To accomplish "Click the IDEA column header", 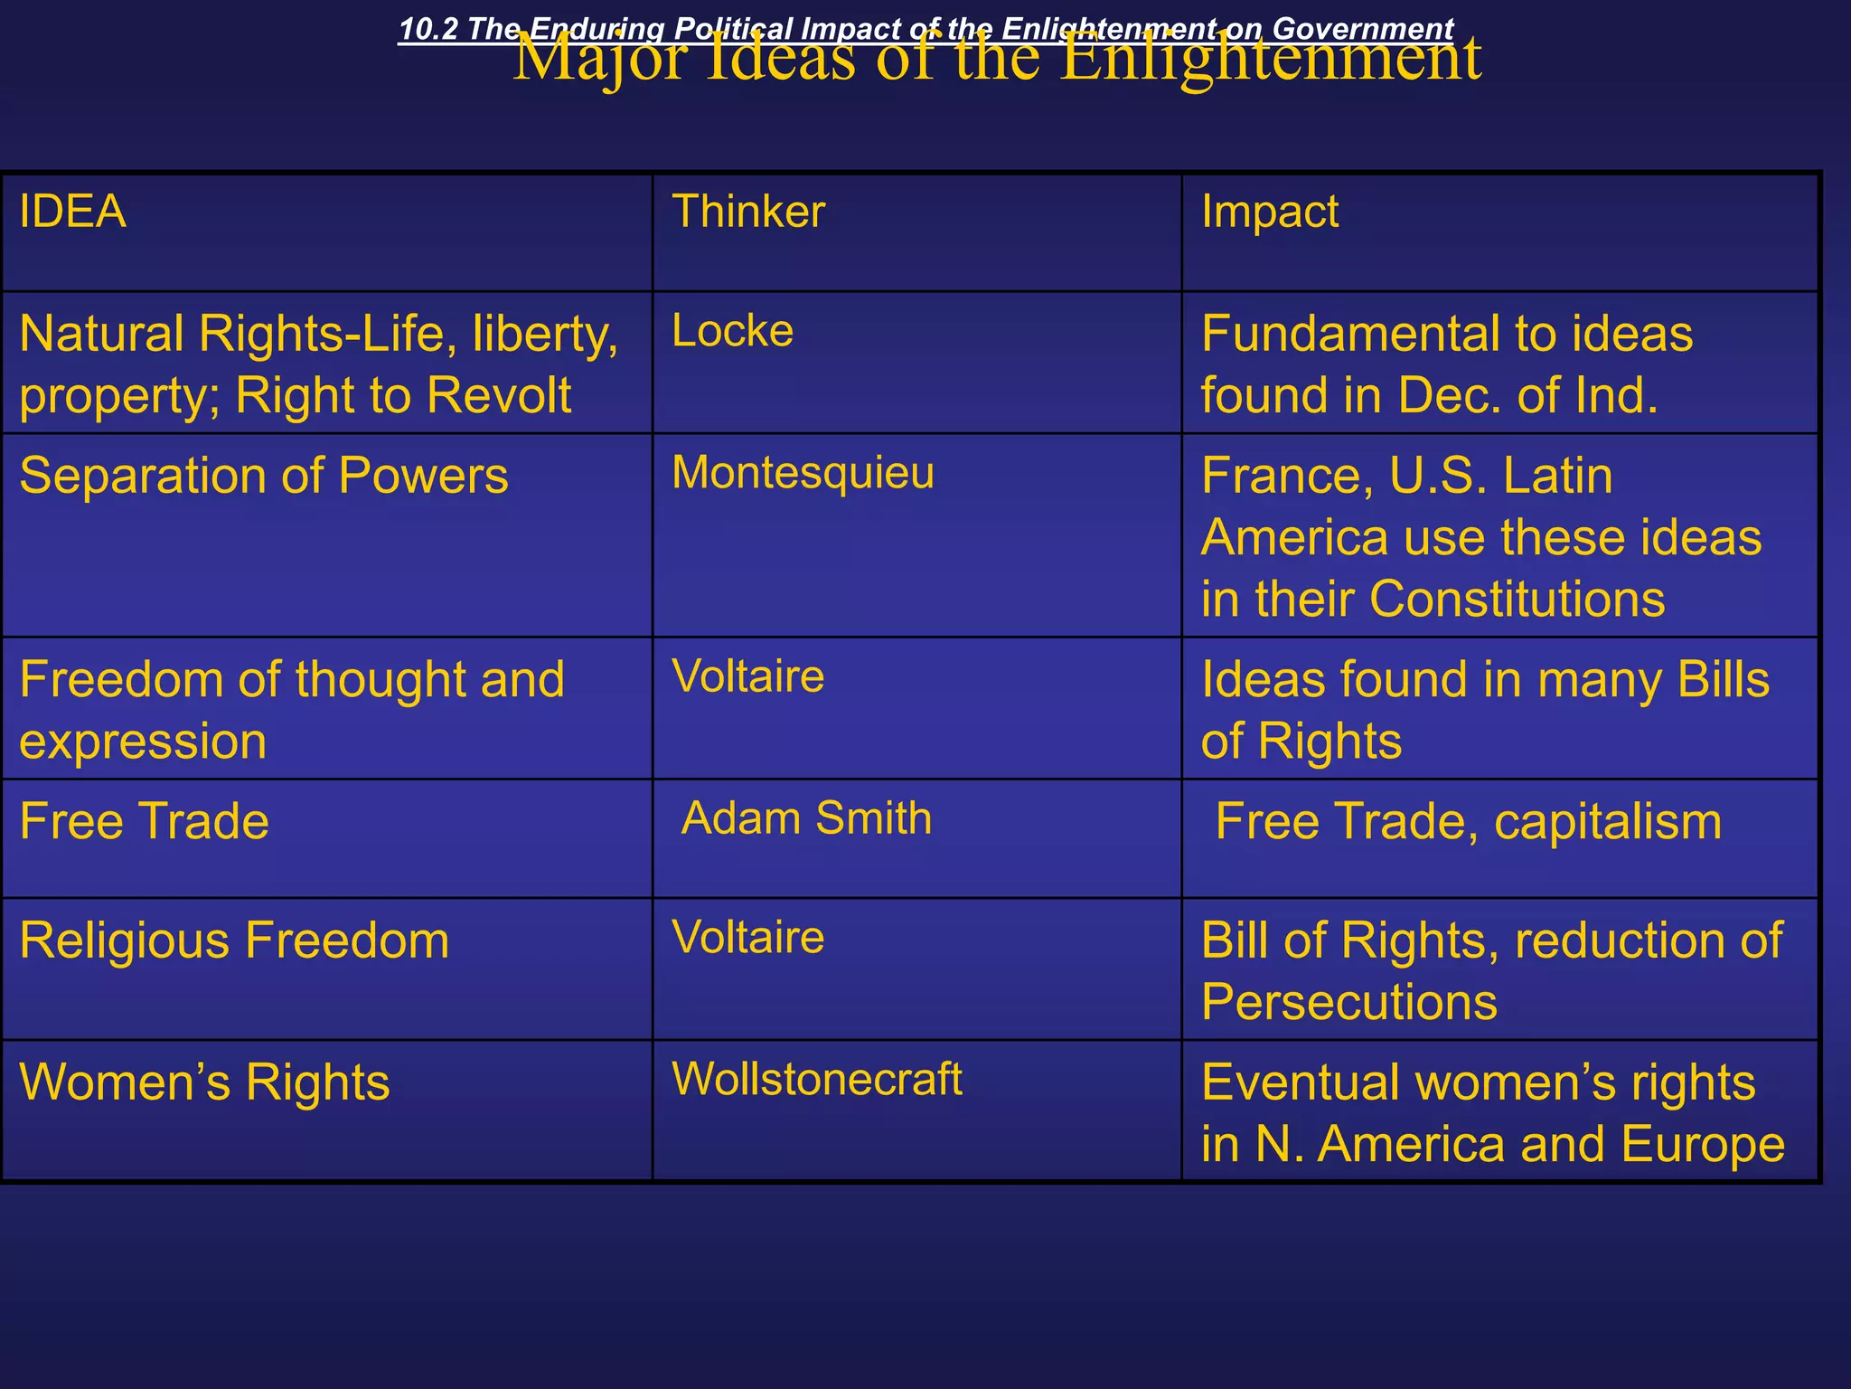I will (72, 213).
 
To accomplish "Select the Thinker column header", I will (748, 213).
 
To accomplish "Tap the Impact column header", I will (1269, 213).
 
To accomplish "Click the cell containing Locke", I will (732, 331).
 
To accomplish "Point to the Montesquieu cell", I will (803, 473).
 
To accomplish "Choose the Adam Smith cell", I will (806, 818).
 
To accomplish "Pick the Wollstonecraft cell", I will (817, 1079).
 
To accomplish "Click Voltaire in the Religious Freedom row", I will (748, 937).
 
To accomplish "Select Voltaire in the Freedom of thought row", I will (748, 676).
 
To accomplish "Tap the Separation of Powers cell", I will (264, 476).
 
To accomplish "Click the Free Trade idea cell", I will (145, 821).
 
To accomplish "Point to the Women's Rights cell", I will (204, 1082).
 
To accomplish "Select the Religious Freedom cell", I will (234, 940).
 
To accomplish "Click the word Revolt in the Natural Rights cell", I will (499, 396).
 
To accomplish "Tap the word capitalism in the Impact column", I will (1608, 822).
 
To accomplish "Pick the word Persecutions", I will (1348, 1002).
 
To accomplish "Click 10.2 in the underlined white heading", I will (428, 29).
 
